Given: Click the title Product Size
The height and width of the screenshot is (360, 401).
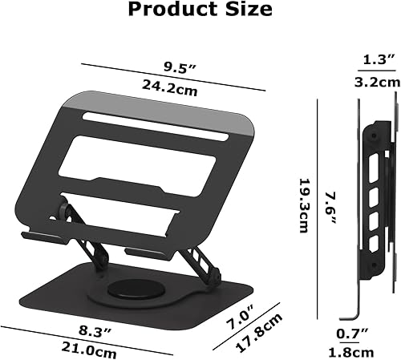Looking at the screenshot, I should tap(200, 11).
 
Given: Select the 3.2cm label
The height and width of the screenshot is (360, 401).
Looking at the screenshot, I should tap(378, 81).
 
